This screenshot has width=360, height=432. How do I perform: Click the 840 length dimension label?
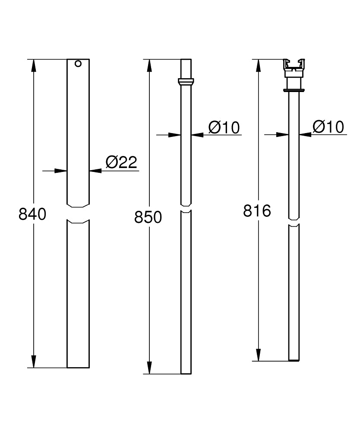pos(32,214)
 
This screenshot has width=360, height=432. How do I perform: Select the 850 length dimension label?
pos(148,217)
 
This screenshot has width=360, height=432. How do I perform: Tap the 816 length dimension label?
pos(257,211)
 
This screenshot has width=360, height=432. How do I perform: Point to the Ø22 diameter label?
pos(121,162)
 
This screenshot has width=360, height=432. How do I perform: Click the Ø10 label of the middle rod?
pos(224,127)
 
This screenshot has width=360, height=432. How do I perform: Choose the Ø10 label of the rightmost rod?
pos(328,127)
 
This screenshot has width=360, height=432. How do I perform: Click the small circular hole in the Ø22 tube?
pos(78,64)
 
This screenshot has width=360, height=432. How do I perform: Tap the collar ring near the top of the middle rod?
pos(186,82)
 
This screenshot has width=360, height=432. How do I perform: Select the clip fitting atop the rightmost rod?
pos(294,68)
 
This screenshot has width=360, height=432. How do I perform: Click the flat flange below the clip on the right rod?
pos(294,90)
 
